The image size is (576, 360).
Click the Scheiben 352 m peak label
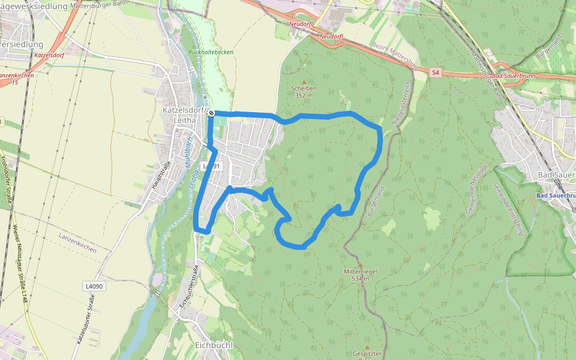pos(304,92)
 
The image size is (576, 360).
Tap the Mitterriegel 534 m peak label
pos(360,275)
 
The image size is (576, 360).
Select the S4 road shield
pos(436,73)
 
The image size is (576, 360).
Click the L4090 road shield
pos(94,287)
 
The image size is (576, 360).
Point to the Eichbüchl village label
pos(214,345)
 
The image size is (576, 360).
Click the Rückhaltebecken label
pos(211,52)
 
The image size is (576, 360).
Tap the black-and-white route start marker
pos(211,112)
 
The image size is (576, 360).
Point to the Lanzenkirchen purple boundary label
pos(77,242)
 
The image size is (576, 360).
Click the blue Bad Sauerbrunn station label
pos(555,196)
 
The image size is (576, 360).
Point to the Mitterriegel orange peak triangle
pos(360,265)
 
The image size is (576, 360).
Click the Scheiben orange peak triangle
pos(304,82)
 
